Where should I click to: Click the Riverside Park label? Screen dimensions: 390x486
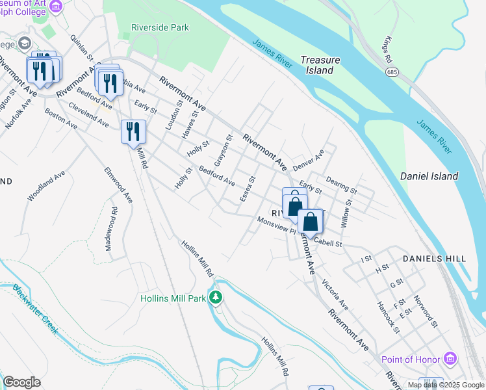point(160,28)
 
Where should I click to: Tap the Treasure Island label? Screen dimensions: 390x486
point(320,65)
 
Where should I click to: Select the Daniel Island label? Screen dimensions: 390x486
point(429,176)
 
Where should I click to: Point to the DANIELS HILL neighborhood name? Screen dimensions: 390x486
point(434,259)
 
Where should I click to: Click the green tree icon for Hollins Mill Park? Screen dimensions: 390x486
point(216,298)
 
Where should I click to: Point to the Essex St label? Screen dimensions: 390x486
point(248,188)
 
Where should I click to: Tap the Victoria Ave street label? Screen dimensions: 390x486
point(335,295)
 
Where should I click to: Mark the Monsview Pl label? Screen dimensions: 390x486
point(276,225)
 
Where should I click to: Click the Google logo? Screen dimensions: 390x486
point(21,382)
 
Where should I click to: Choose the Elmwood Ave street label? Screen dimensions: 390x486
point(118,185)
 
